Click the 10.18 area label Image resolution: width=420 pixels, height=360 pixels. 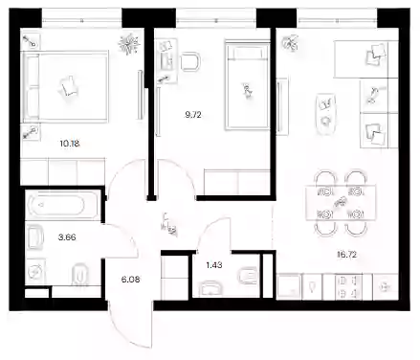70,144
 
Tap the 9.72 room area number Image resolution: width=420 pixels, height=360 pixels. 193,115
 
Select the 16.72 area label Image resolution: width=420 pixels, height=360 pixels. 346,255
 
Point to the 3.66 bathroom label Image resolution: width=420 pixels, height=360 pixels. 67,237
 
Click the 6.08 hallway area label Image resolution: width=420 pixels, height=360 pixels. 130,280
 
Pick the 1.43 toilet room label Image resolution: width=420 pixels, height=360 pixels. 214,265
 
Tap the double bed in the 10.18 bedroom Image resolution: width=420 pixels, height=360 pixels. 65,86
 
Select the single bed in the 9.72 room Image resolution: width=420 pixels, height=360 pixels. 248,85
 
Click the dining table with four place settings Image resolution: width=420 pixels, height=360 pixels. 341,203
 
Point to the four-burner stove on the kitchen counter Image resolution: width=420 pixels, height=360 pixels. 348,287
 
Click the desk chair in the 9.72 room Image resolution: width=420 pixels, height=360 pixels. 190,61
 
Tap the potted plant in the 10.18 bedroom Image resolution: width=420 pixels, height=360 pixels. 129,44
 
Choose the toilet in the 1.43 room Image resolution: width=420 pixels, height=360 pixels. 248,274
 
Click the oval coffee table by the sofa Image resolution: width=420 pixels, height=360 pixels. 326,114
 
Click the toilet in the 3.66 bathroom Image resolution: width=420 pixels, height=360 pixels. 79,275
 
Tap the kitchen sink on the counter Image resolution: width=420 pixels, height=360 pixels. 289,286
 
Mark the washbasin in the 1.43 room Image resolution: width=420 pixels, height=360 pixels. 210,289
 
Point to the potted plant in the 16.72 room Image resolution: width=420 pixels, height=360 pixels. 290,43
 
